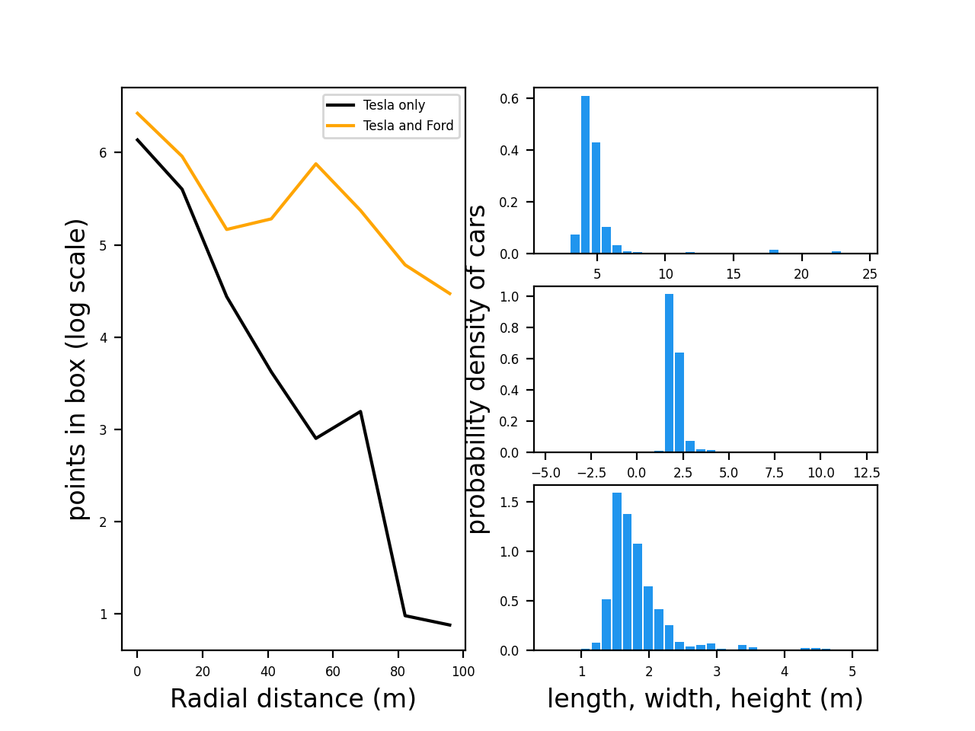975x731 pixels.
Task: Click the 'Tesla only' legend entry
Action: point(394,105)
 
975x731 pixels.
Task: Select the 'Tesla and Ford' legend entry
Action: point(408,126)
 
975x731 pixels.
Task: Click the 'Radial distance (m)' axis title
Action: point(292,698)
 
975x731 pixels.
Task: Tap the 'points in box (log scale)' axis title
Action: point(77,369)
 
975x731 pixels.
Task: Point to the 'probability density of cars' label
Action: point(477,369)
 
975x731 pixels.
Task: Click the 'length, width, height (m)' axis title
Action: point(705,698)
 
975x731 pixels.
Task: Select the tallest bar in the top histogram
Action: point(585,174)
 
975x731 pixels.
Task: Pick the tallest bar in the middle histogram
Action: point(669,373)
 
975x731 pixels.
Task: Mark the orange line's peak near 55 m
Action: point(315,164)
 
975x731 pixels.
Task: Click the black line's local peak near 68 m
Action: point(360,411)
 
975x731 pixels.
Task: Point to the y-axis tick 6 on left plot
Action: point(104,153)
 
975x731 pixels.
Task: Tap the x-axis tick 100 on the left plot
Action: point(463,672)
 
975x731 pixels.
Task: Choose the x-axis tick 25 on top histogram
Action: point(870,274)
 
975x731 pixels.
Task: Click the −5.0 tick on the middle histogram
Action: point(545,473)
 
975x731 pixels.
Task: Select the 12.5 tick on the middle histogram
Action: point(866,473)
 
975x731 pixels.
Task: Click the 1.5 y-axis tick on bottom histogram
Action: point(510,503)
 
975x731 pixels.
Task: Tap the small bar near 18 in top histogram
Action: point(774,251)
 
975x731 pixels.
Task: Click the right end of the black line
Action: point(450,625)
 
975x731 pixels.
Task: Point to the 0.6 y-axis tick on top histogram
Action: point(510,99)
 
